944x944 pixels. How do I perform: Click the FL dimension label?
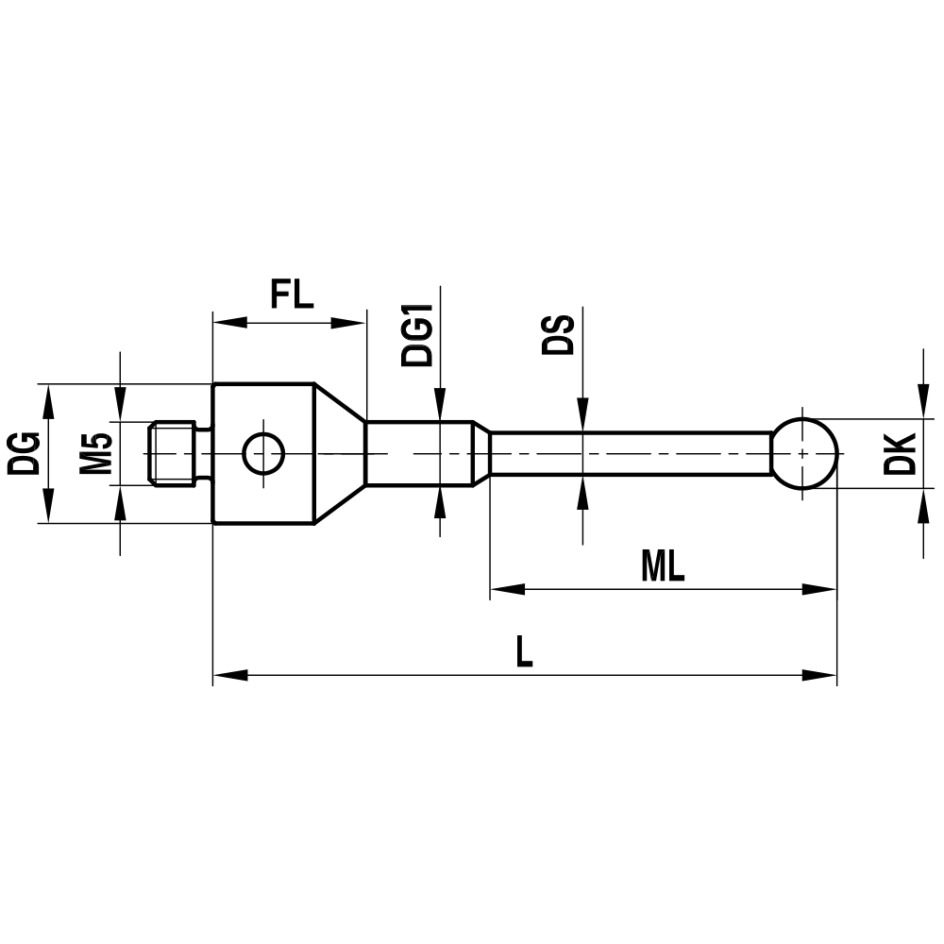291,295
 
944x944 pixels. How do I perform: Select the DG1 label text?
417,335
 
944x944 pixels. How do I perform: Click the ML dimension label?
663,566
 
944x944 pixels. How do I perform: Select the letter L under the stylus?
524,652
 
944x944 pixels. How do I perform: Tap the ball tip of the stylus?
804,454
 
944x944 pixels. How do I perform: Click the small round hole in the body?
263,454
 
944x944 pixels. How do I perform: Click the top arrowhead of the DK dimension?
921,405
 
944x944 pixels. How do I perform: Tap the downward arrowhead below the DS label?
582,412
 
